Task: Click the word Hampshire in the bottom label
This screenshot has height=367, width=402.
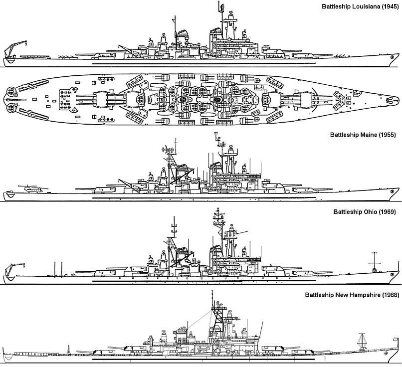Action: click(363, 295)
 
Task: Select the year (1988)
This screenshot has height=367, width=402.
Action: click(390, 295)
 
